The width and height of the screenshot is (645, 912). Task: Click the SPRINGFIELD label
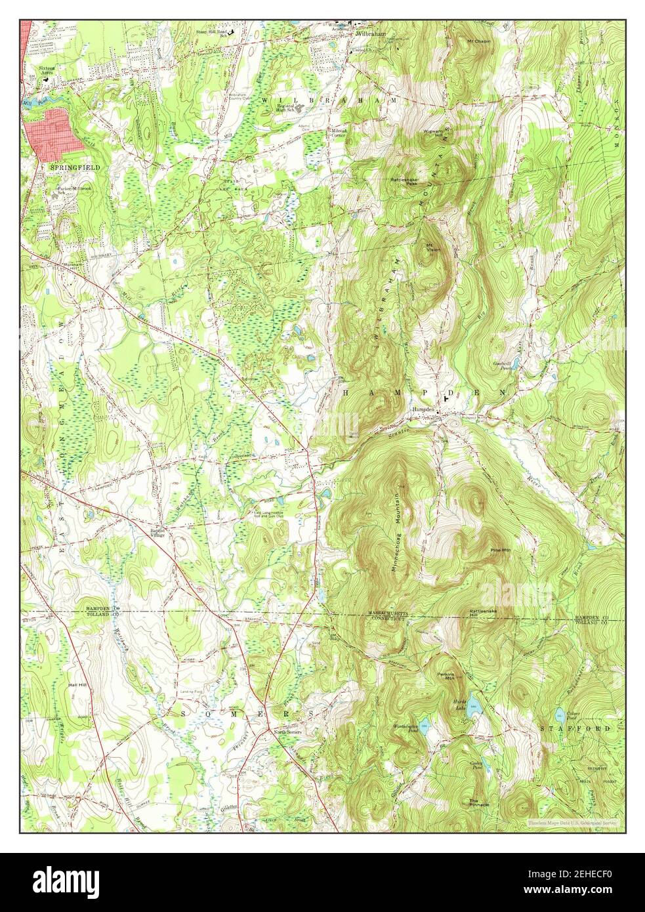pyautogui.click(x=75, y=168)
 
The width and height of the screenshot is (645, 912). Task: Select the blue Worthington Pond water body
pyautogui.click(x=425, y=724)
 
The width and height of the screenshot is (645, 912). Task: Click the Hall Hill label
pyautogui.click(x=77, y=684)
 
